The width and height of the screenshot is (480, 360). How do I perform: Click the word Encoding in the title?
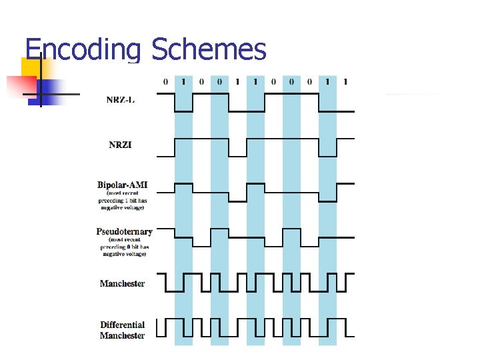(x=83, y=49)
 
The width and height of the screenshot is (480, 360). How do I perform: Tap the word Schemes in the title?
(x=209, y=49)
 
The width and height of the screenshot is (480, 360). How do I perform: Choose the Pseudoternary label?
(x=124, y=232)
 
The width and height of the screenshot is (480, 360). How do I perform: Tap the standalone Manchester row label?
(x=122, y=283)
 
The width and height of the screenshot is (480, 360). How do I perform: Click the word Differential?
(x=122, y=325)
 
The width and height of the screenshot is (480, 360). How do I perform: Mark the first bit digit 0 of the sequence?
(x=165, y=82)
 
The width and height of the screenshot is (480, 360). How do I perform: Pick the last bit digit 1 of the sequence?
(x=345, y=82)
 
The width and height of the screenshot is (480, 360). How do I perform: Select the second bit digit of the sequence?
(x=183, y=82)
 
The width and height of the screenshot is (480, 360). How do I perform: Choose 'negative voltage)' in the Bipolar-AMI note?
(x=123, y=207)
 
